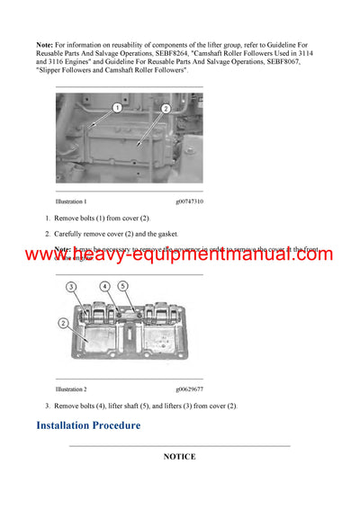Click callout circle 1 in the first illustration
pos(117,108)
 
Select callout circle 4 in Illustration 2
pos(104,287)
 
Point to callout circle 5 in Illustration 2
pos(124,288)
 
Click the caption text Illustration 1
pos(71,202)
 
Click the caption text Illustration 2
pos(71,389)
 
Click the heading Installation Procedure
pos(88,424)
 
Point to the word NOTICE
pos(179,457)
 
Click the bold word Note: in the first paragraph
pos(45,44)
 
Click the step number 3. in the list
pos(47,406)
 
